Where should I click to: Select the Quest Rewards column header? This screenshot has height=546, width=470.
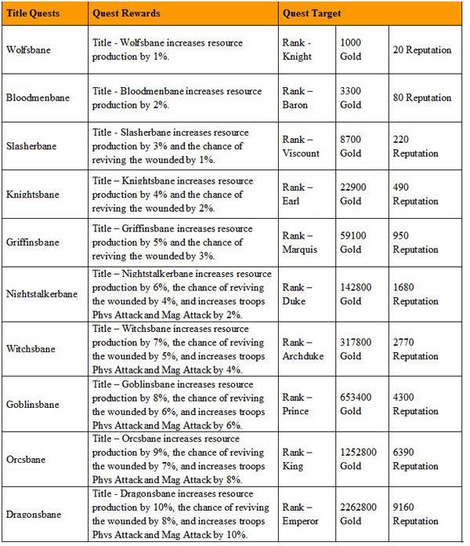pos(123,14)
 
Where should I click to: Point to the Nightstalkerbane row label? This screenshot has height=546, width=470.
pos(42,295)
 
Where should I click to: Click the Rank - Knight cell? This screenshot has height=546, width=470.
pos(298,49)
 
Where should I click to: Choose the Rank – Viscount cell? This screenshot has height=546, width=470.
pos(301,146)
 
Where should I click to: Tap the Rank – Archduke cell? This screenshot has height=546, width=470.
pos(302,350)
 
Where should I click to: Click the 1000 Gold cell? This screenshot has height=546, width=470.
pos(352,49)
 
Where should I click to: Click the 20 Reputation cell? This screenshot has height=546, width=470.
pos(423,49)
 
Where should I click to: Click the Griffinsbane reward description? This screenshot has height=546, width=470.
pos(179,242)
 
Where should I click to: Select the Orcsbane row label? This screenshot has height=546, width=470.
pos(27,460)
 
